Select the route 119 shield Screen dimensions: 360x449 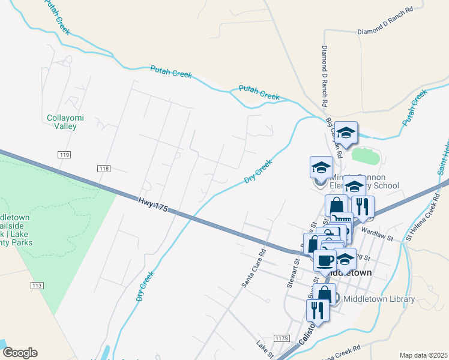[65, 155]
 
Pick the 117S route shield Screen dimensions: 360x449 [280, 338]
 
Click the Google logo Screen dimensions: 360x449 [20, 353]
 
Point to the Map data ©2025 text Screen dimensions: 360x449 [423, 355]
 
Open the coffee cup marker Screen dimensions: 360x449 [325, 261]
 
